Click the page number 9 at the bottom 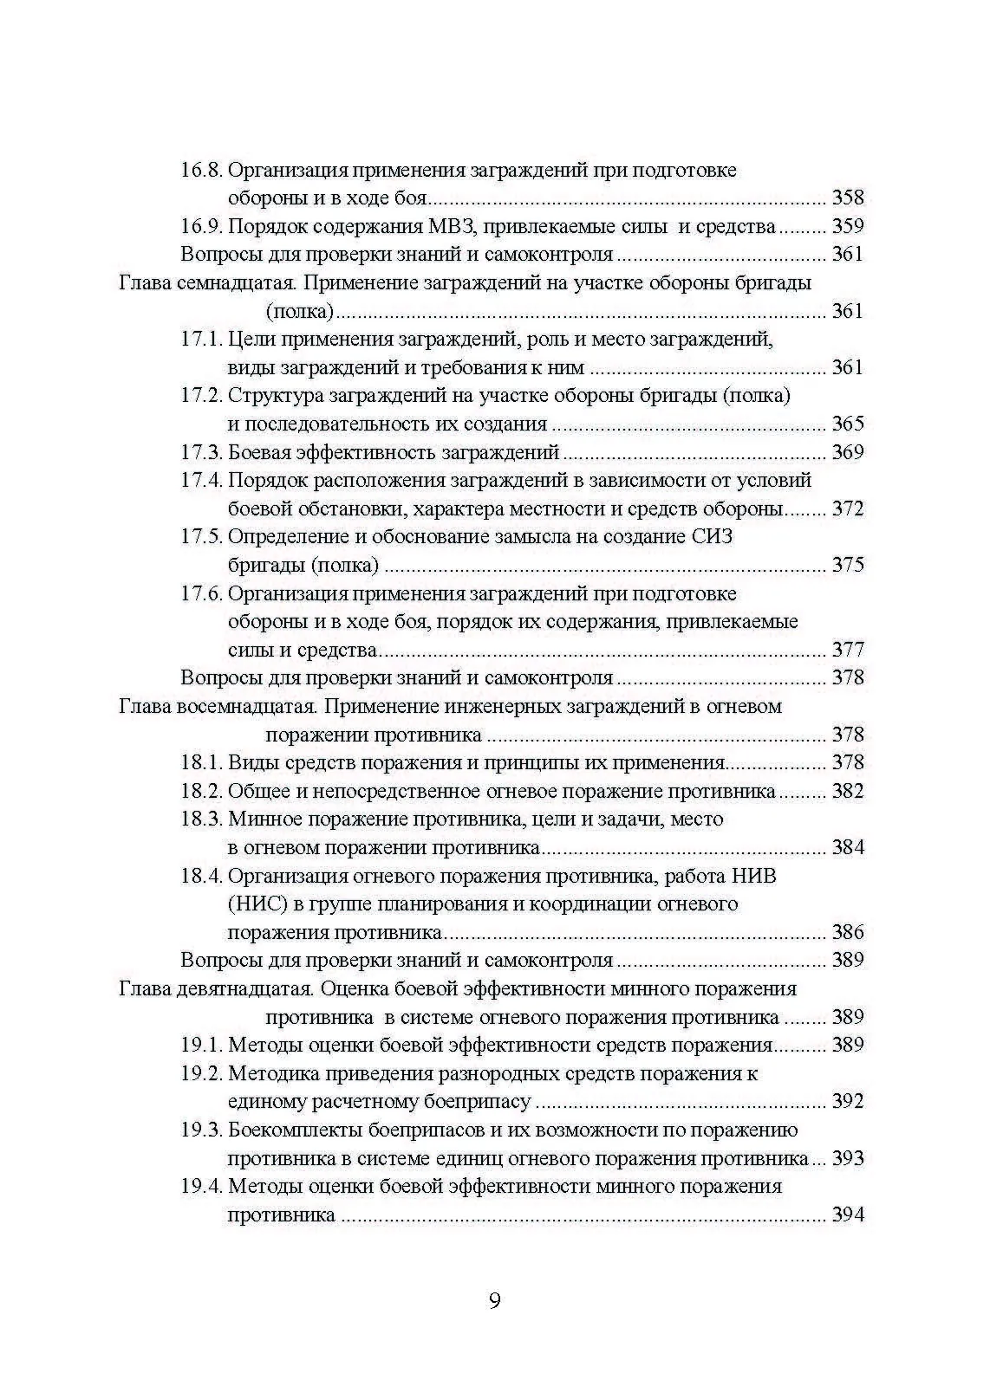point(494,1301)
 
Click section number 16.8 point(201,170)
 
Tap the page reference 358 point(847,198)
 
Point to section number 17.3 point(201,452)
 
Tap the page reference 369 point(847,452)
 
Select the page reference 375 point(847,565)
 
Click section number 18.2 point(201,791)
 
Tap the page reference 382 point(847,791)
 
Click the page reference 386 point(847,932)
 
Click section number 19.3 point(201,1130)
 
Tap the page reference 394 point(847,1214)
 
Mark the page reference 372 point(847,508)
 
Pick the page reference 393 point(847,1158)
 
